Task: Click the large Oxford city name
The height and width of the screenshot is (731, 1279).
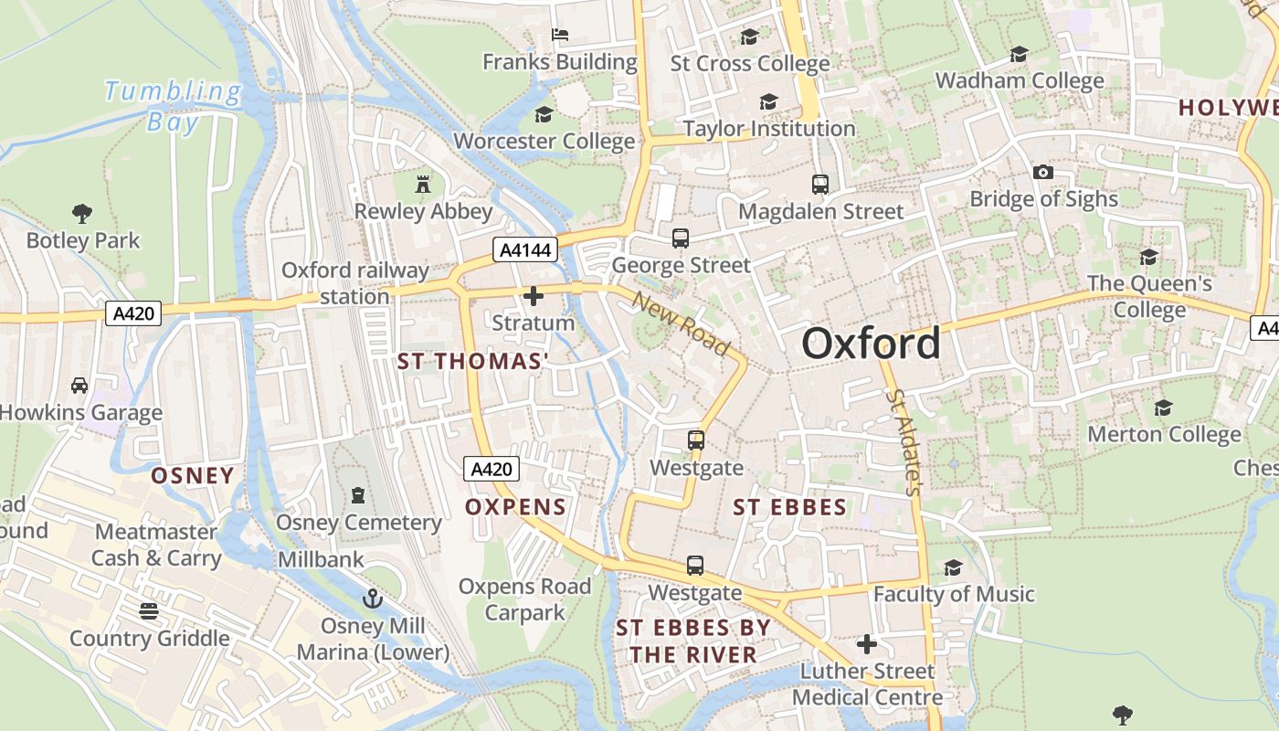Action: pyautogui.click(x=871, y=344)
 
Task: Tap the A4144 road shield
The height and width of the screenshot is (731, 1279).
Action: pyautogui.click(x=525, y=249)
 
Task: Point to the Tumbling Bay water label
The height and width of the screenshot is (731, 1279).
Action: pyautogui.click(x=173, y=105)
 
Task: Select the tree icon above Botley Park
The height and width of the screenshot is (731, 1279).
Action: pyautogui.click(x=82, y=214)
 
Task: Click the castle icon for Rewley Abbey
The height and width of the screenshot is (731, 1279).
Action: pyautogui.click(x=422, y=185)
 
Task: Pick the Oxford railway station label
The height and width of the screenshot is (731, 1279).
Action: pyautogui.click(x=354, y=283)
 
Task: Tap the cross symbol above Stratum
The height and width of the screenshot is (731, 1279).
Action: pyautogui.click(x=534, y=296)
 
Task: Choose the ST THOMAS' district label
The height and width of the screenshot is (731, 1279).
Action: pyautogui.click(x=472, y=362)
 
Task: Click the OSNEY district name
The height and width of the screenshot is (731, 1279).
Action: pyautogui.click(x=193, y=475)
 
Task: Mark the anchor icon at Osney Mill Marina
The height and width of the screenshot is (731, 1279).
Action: pyautogui.click(x=372, y=599)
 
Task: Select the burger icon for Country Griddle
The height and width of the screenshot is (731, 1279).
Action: pyautogui.click(x=149, y=610)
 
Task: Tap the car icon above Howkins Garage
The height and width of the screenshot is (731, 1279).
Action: pyautogui.click(x=79, y=386)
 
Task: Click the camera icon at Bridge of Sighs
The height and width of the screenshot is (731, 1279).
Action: pyautogui.click(x=1042, y=172)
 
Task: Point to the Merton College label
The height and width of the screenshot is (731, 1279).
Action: pyautogui.click(x=1163, y=434)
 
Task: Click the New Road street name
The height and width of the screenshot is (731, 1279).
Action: pyautogui.click(x=681, y=324)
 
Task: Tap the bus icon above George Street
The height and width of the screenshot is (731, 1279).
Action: pyautogui.click(x=681, y=238)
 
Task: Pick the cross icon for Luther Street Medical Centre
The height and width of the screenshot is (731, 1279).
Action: pyautogui.click(x=866, y=644)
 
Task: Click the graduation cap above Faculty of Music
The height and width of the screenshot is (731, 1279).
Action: pyautogui.click(x=953, y=567)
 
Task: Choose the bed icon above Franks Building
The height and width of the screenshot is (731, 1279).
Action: pyautogui.click(x=560, y=35)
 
